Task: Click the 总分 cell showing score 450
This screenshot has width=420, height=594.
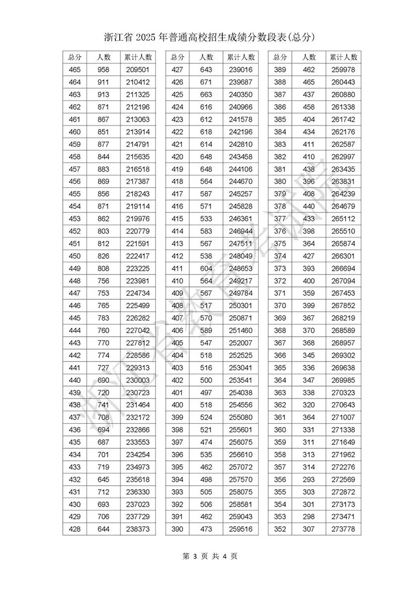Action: (x=74, y=256)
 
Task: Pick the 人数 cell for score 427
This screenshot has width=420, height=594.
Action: (x=206, y=69)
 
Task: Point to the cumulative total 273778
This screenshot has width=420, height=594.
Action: (x=343, y=529)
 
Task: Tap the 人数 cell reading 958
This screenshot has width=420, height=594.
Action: (x=104, y=69)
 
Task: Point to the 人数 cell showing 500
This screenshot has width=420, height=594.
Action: (x=206, y=380)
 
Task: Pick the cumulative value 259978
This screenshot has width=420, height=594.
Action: (x=343, y=69)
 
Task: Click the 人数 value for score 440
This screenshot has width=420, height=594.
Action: (x=104, y=380)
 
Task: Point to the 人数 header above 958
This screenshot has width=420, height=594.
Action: (x=104, y=57)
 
